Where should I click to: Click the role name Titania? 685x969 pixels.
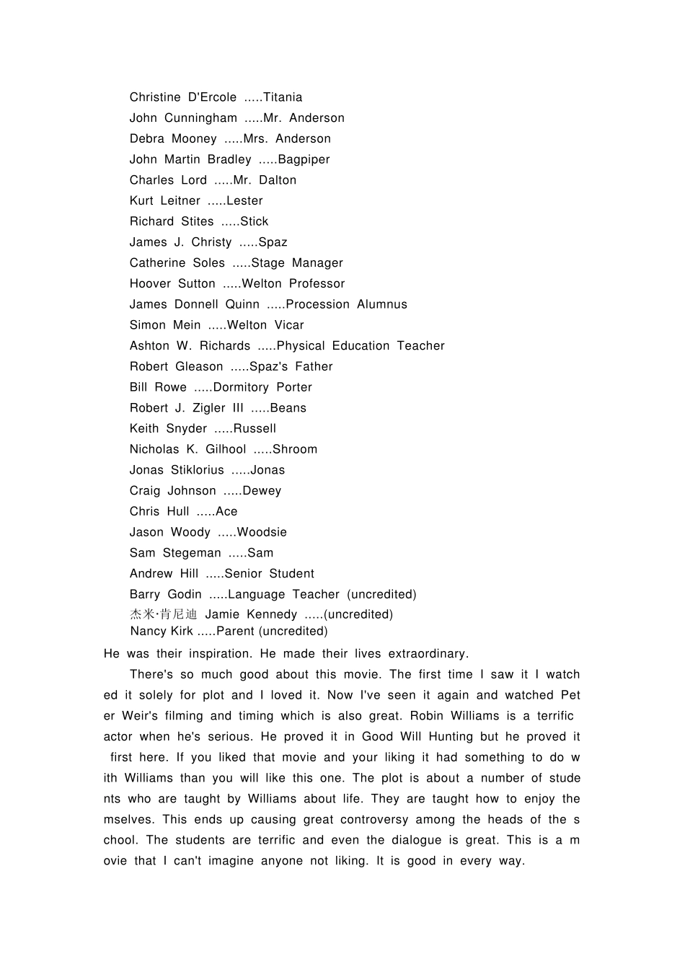coord(283,97)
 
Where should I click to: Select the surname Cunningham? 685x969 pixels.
coord(200,118)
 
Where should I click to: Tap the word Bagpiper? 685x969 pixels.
coord(304,159)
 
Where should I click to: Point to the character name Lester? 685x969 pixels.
coord(244,201)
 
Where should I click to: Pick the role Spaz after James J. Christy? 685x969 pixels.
coord(273,242)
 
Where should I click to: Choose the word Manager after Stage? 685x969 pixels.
coord(317,263)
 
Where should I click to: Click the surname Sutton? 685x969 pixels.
coord(197,284)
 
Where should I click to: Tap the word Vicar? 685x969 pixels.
coord(289,325)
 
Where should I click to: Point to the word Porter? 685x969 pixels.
coord(294,387)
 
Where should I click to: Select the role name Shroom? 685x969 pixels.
coord(295,449)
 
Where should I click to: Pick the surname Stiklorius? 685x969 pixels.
coord(198,470)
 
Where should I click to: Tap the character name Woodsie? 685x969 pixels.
coord(262,532)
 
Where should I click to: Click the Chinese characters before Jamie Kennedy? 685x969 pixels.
coord(163,614)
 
